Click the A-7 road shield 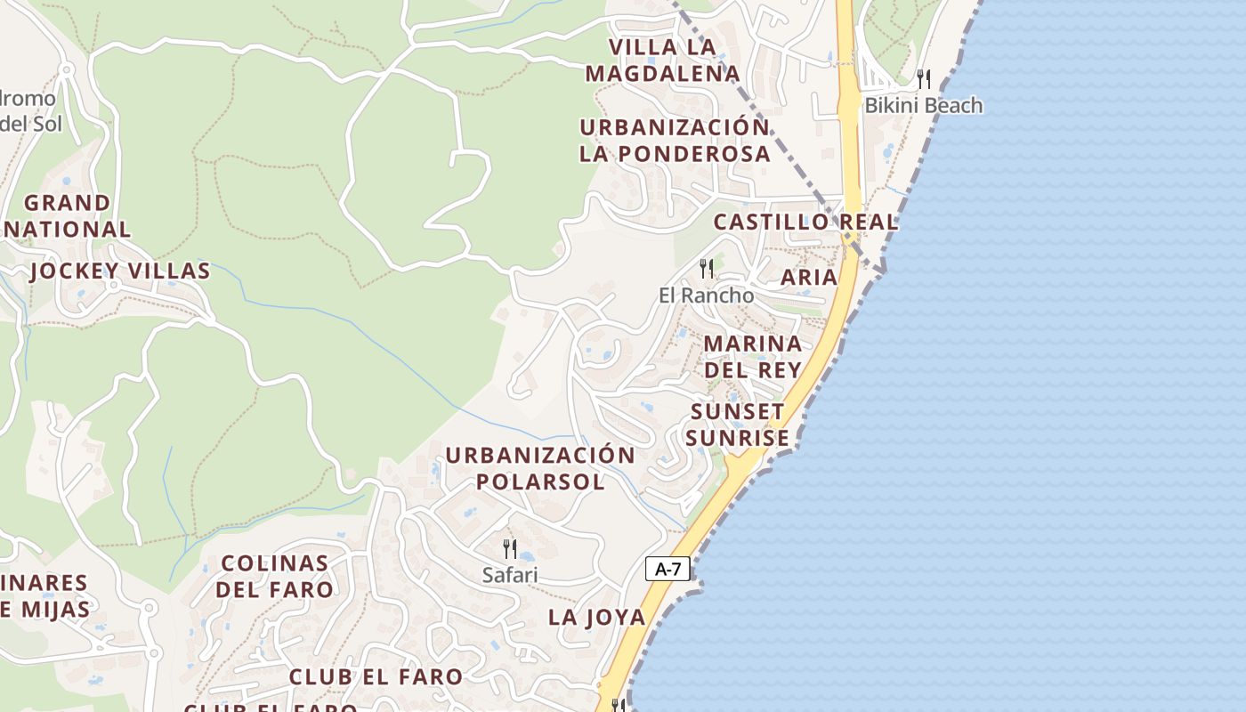667,569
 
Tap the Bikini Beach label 924,105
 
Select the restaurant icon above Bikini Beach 923,79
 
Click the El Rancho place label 706,295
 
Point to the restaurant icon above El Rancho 706,268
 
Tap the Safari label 510,575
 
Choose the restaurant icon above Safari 510,548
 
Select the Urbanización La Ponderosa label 675,140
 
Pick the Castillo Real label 805,222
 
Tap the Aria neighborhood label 808,277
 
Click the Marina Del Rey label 752,356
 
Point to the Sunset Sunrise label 737,425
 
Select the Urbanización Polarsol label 540,468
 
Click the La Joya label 596,617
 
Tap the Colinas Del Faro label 274,576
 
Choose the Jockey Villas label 120,271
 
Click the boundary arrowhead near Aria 880,266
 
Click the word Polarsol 540,481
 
